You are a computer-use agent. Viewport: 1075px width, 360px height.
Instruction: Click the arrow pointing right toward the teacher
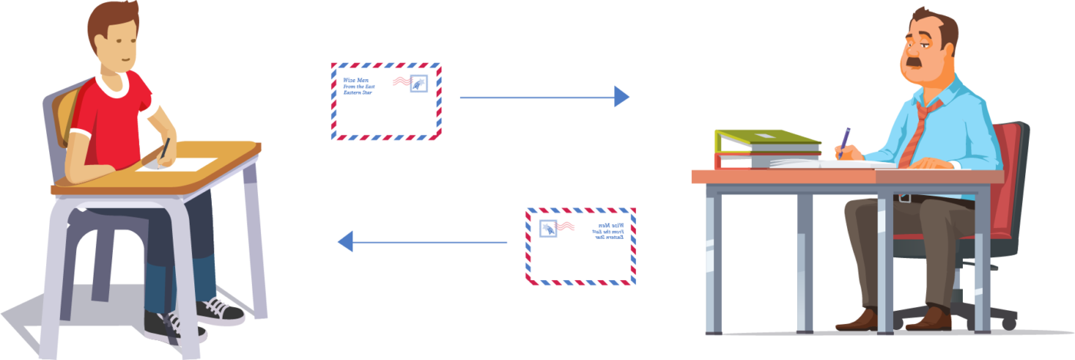point(544,97)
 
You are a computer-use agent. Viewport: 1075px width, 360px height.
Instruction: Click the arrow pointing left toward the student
point(422,243)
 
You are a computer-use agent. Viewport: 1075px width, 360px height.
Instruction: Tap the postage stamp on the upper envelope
point(418,84)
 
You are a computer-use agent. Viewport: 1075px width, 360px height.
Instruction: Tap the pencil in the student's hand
point(164,148)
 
